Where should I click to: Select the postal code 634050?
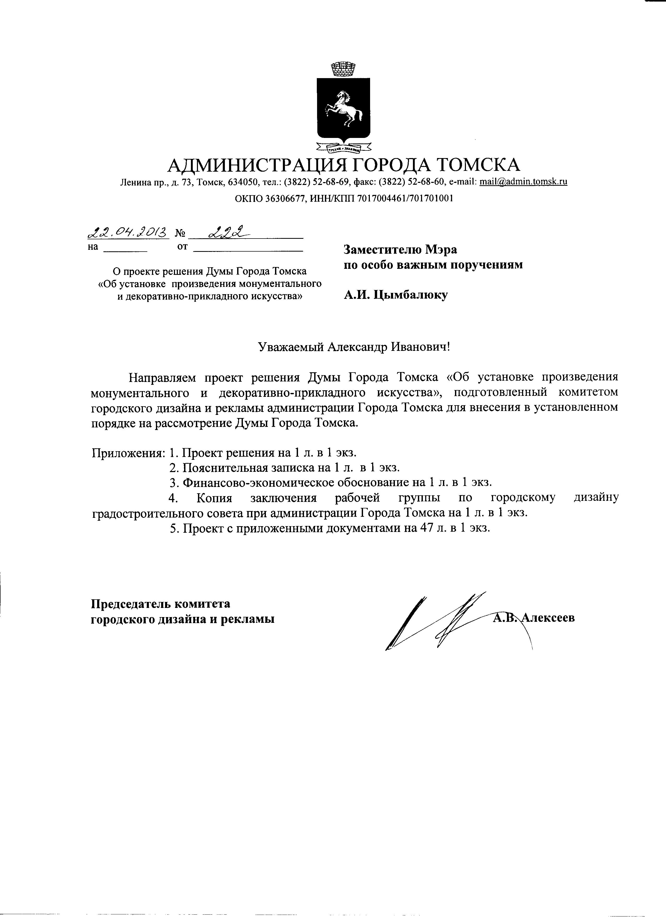[243, 182]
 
